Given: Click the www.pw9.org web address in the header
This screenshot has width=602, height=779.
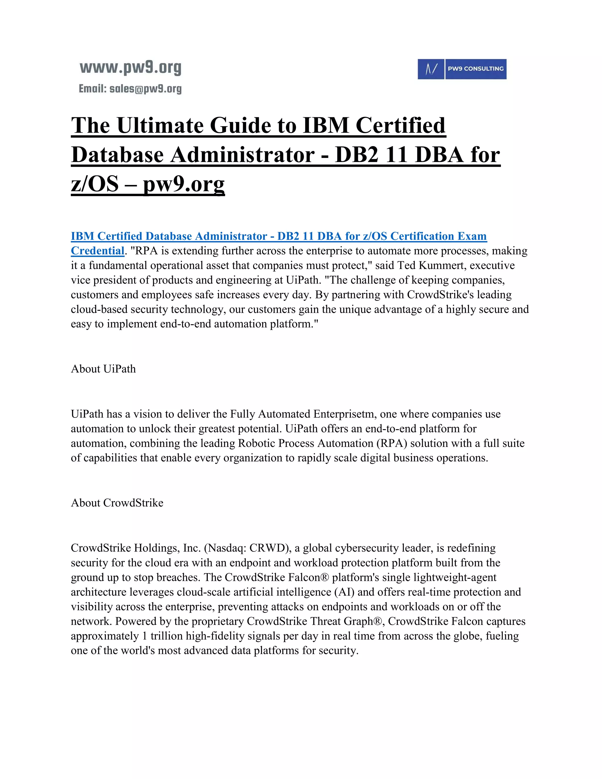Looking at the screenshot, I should pos(130,68).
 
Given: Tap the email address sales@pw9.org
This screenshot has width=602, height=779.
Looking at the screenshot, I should pos(146,89).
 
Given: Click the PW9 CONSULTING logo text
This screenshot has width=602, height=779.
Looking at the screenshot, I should pos(475,69).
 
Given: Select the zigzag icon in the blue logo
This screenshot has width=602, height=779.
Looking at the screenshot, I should pos(431,69).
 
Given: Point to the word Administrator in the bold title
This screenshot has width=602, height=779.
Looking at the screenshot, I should pos(242,155).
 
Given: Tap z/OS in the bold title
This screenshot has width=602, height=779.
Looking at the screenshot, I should pos(95,184).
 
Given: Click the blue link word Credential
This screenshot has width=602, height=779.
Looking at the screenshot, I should pos(97,251).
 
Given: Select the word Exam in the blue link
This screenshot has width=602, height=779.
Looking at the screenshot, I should pos(472,236).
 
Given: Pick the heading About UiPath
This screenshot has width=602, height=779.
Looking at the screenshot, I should pos(103,369).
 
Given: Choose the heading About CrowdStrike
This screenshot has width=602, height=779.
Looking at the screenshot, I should pos(117,503).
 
